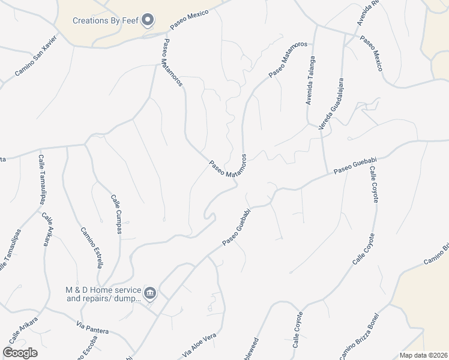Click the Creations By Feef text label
[106, 20]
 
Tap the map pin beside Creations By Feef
[148, 20]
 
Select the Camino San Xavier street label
[35, 59]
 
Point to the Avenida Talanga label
[310, 80]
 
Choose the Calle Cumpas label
[118, 214]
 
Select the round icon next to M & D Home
[151, 293]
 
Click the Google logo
[20, 353]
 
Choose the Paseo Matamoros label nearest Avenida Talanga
[288, 59]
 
